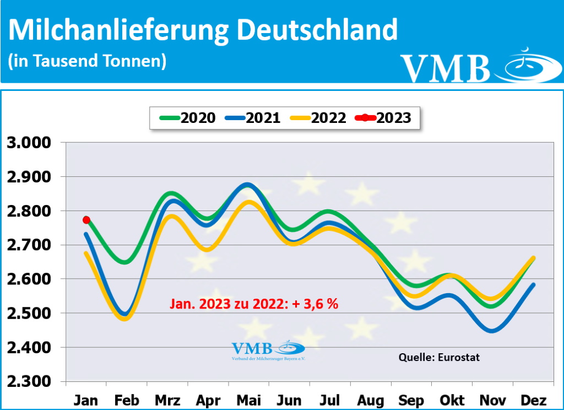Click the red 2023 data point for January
pyautogui.click(x=86, y=220)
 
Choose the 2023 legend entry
pyautogui.click(x=384, y=117)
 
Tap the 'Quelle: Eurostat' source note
pyautogui.click(x=439, y=358)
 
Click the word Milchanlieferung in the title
pyautogui.click(x=118, y=30)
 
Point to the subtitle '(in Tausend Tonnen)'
pyautogui.click(x=88, y=61)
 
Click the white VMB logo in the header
pyautogui.click(x=474, y=66)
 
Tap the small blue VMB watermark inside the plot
pyautogui.click(x=268, y=350)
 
